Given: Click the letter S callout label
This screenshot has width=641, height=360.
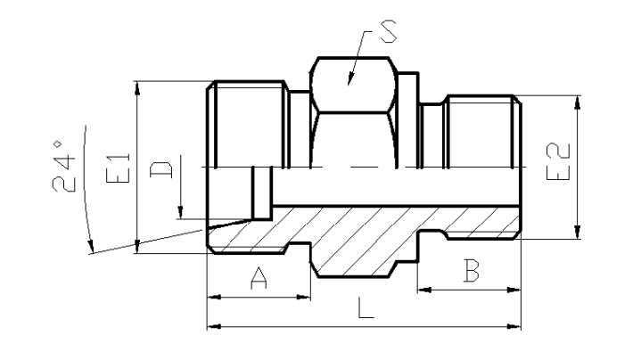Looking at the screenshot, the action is (x=389, y=32).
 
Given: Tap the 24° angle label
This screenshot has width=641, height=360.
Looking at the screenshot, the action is (x=64, y=167).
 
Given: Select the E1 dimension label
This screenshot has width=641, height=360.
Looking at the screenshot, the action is (x=119, y=168).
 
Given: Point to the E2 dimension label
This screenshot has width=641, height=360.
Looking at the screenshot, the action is (x=558, y=161).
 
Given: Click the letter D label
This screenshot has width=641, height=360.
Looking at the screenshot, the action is (x=161, y=169).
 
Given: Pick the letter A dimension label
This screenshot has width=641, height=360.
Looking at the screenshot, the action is (x=259, y=278).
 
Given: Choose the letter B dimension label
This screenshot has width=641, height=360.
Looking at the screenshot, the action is (x=472, y=271).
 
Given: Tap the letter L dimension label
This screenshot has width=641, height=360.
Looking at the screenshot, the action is (x=366, y=307).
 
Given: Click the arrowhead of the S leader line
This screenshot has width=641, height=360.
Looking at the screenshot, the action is (x=350, y=79).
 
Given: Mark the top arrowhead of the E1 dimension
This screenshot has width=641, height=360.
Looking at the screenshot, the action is (x=137, y=88).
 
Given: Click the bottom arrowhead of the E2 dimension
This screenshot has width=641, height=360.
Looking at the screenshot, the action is (x=577, y=232).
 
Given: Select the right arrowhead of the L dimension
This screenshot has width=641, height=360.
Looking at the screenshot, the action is (x=514, y=326).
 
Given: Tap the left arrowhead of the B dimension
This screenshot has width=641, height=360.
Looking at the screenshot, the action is (x=424, y=290).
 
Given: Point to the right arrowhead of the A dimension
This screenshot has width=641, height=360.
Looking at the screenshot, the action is (x=303, y=297).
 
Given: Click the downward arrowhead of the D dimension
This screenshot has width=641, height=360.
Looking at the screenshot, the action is (x=180, y=212).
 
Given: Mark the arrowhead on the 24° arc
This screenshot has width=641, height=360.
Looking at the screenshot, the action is (x=91, y=246).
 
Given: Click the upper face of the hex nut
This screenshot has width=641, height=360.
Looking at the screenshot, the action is (x=353, y=85).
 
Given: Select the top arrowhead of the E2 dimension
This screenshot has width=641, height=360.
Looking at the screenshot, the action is (x=577, y=102).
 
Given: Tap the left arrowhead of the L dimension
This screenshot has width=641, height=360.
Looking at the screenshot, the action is (x=214, y=326).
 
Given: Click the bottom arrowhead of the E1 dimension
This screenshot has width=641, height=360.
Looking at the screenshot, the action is (x=137, y=247).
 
